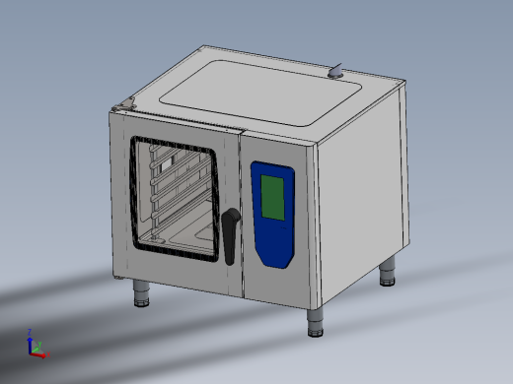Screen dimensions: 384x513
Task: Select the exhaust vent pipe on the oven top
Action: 337,70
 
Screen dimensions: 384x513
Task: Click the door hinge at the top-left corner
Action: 122,105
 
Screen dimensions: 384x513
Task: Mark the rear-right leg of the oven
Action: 390,271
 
